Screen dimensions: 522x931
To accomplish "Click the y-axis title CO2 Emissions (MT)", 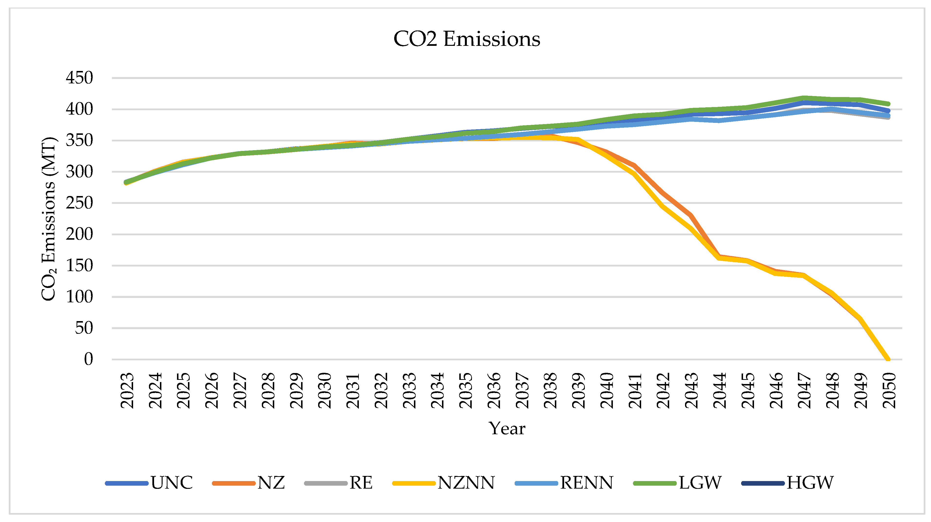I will pyautogui.click(x=49, y=219).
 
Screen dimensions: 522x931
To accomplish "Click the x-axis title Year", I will pyautogui.click(x=507, y=429).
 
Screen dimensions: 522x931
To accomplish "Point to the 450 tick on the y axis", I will pyautogui.click(x=79, y=78).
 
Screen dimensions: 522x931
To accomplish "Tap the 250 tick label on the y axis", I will pyautogui.click(x=79, y=203).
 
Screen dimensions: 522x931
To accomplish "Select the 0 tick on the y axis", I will pyautogui.click(x=88, y=359).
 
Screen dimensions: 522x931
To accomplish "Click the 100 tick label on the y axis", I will pyautogui.click(x=79, y=297).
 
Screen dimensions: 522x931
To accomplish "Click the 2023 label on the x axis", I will pyautogui.click(x=127, y=390).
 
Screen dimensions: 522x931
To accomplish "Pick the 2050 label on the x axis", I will pyautogui.click(x=889, y=390).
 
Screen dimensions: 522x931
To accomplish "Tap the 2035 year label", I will pyautogui.click(x=466, y=390).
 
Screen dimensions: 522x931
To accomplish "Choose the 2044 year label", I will pyautogui.click(x=720, y=390).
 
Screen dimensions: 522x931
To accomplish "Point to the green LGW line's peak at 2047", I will pyautogui.click(x=804, y=98).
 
